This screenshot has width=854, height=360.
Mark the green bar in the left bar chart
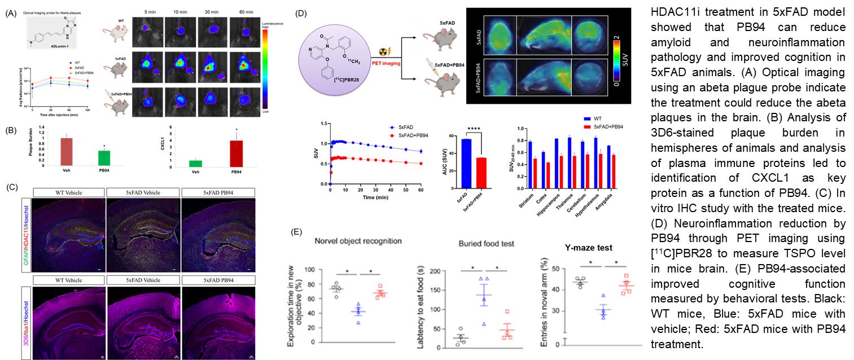(x=104, y=158)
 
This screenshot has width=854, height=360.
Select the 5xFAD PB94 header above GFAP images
(x=218, y=193)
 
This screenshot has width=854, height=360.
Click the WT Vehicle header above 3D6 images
(x=69, y=280)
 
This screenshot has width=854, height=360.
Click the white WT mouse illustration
(x=116, y=32)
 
